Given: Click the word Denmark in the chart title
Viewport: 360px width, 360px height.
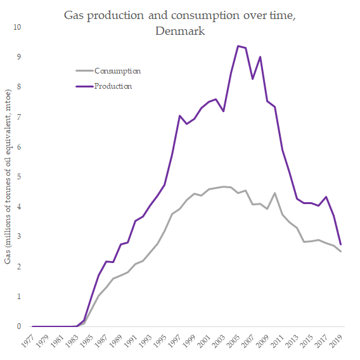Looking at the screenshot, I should click(x=180, y=30).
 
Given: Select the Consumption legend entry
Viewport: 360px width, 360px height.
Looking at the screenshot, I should click(x=117, y=71).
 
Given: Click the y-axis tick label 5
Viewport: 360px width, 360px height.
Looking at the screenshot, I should click(x=19, y=177).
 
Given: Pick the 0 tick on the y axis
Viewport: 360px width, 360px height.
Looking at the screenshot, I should click(x=19, y=327).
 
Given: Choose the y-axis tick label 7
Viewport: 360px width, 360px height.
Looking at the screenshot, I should click(x=19, y=117).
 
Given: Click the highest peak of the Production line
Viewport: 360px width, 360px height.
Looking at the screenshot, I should click(x=238, y=46).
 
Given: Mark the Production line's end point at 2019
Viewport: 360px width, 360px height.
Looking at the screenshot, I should click(x=341, y=245).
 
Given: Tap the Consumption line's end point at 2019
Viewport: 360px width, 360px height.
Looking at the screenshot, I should click(x=341, y=252).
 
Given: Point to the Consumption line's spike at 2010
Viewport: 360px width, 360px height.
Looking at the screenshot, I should click(x=274, y=193).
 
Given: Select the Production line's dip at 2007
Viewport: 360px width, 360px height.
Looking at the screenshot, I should click(x=252, y=79).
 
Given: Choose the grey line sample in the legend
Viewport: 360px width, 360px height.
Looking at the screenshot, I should click(x=82, y=71).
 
